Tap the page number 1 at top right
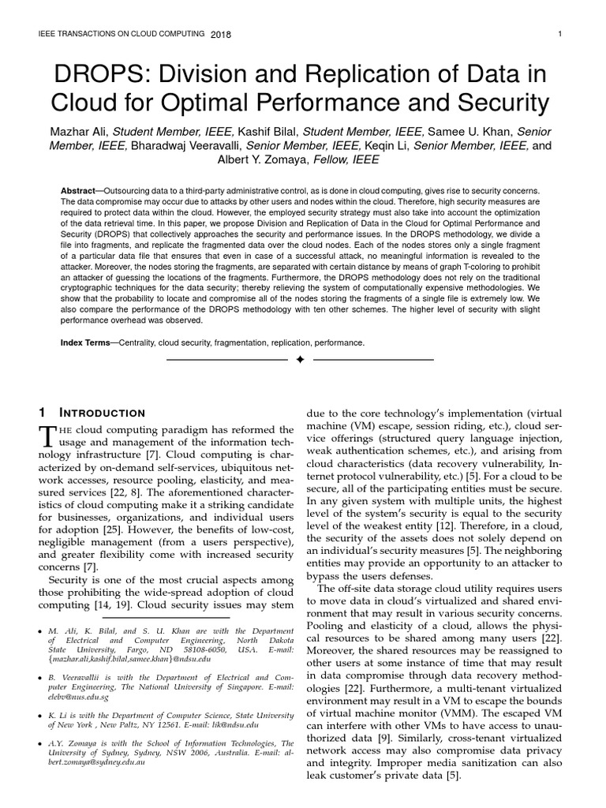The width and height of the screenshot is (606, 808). click(559, 34)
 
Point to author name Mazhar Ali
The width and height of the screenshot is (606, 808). click(80, 131)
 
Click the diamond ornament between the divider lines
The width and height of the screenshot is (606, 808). click(299, 360)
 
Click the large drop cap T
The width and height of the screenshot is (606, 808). click(48, 435)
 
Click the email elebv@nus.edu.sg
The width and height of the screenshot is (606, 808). click(79, 698)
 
